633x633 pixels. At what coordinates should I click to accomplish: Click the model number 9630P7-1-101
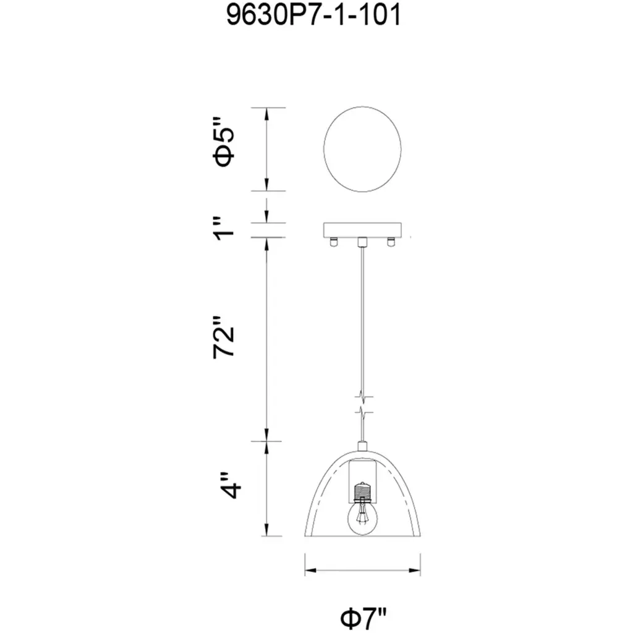coord(313,15)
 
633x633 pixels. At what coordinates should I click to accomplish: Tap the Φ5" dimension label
coord(224,142)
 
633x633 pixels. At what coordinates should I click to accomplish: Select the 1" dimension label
coord(224,229)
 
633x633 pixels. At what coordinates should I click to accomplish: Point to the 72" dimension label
coord(224,337)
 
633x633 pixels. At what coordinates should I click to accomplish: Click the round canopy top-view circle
coord(362,149)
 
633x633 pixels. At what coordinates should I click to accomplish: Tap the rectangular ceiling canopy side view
coord(362,230)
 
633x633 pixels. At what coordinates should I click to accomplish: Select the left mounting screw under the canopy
coord(334,242)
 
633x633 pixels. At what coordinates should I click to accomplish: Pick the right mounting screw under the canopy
coord(391,242)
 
